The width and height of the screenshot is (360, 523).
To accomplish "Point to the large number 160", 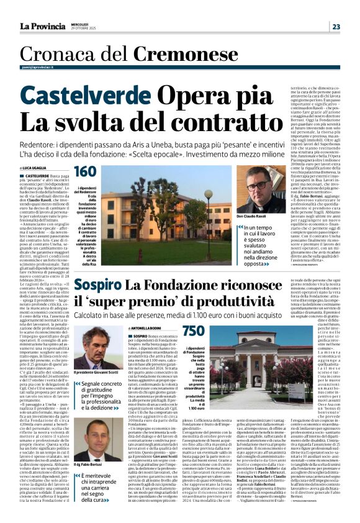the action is pos(85,172).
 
